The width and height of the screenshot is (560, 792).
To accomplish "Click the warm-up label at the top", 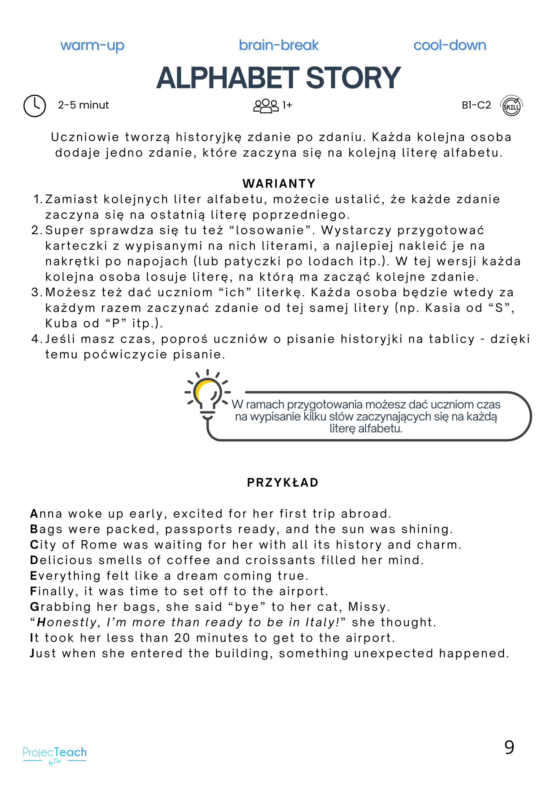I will [92, 45].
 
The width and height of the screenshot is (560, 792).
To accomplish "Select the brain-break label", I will [278, 45].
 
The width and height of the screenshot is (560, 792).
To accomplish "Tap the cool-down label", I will [450, 45].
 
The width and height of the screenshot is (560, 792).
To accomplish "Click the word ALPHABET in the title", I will [228, 78].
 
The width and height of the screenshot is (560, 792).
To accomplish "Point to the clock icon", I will [35, 105].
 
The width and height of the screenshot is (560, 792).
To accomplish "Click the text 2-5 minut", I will [83, 105].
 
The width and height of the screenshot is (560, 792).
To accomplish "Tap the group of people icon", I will [266, 105].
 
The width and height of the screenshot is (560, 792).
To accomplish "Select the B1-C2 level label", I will [476, 105].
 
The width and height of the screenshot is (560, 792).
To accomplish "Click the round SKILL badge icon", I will [511, 105].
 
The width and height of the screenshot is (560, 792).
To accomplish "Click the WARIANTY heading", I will [279, 183].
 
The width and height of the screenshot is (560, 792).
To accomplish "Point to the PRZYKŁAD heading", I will [282, 482].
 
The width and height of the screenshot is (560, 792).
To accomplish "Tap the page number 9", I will [509, 747].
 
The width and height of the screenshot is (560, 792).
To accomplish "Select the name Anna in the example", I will [46, 514].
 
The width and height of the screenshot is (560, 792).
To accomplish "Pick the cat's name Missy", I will [368, 607].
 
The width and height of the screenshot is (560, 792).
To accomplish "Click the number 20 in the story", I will [182, 638].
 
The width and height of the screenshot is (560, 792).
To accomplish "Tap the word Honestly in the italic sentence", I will [68, 622].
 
